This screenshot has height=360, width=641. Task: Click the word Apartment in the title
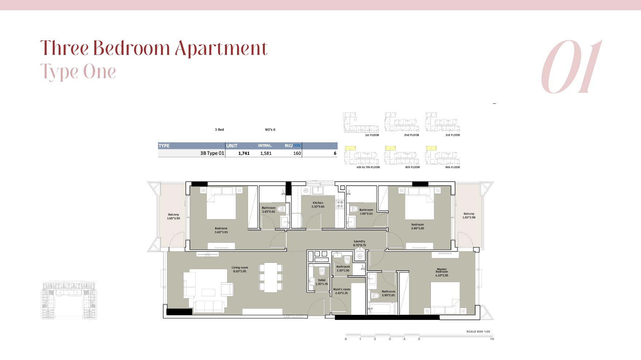tap(221, 48)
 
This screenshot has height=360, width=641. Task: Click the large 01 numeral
tap(571, 67)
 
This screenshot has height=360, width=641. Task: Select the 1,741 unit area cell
tap(244, 153)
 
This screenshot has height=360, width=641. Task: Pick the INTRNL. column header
tap(265, 146)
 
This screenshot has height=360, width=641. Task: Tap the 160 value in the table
tap(297, 153)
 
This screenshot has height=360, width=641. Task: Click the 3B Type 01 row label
tap(212, 153)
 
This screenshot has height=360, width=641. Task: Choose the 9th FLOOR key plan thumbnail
tap(443, 157)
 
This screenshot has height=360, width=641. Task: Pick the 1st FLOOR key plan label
tap(372, 135)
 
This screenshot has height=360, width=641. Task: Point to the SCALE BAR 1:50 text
tap(478, 332)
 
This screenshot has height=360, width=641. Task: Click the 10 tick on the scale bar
tap(492, 339)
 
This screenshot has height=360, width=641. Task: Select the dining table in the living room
tap(271, 277)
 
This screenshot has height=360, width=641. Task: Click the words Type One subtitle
tap(78, 72)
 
